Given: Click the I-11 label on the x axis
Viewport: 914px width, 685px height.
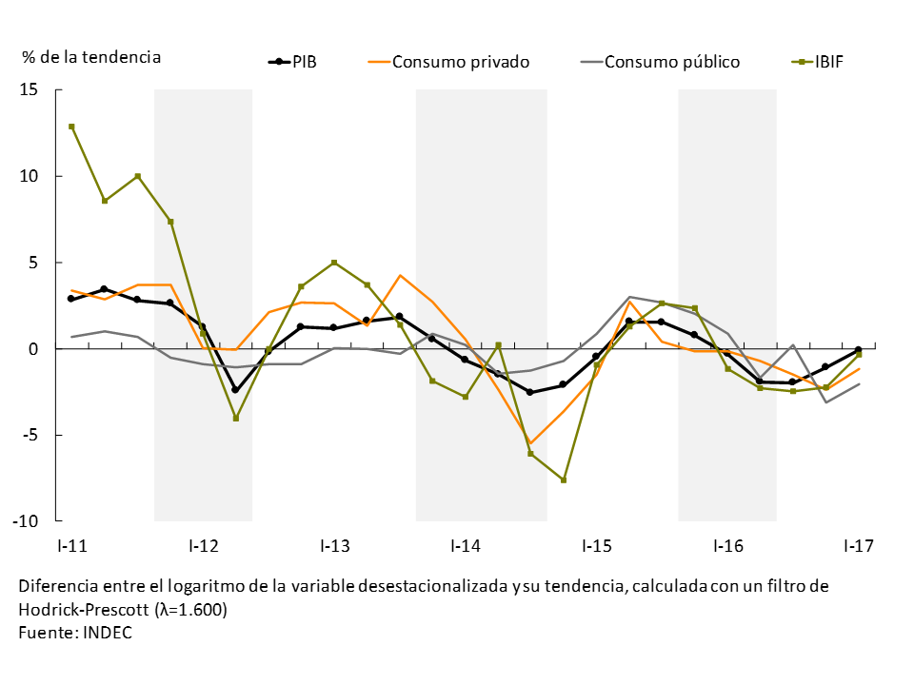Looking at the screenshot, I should [71, 546].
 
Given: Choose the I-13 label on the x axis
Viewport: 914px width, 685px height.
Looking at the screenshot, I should [334, 546].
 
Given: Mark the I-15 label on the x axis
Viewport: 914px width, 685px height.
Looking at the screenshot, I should [596, 546].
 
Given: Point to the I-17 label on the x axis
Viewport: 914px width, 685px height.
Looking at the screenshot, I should [858, 546].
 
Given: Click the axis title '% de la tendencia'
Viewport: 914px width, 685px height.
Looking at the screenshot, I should [91, 57].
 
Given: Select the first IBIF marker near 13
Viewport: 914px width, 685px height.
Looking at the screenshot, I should [71, 127].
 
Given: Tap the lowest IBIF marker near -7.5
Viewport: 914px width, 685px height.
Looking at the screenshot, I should [564, 480].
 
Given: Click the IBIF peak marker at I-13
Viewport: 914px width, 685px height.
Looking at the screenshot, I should [334, 263].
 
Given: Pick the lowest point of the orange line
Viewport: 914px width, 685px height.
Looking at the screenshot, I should [530, 443].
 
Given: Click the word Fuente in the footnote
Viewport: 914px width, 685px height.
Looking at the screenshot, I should [44, 633].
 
